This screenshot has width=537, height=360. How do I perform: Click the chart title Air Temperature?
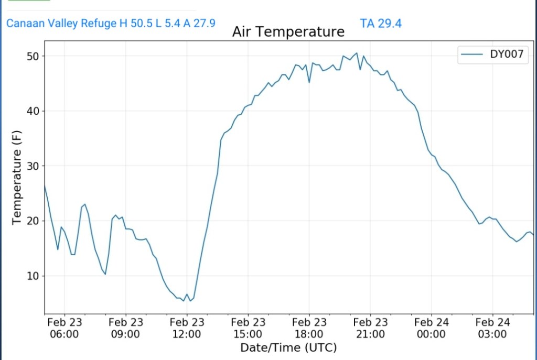288,32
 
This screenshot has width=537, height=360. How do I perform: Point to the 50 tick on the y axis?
34,56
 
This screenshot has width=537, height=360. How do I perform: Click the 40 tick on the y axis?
34,111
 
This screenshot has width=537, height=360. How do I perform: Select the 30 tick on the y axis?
34,166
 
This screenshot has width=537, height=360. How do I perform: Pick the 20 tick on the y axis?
34,221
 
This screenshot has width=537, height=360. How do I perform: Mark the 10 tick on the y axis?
34,276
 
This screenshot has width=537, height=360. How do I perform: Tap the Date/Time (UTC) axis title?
288,347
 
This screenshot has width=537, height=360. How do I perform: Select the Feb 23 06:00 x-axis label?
65,328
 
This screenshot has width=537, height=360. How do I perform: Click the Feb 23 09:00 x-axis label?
126,328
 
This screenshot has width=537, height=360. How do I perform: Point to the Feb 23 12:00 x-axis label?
187,328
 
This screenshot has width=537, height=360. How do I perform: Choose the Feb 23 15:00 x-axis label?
248,328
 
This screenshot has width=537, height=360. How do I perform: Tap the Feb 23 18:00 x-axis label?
309,328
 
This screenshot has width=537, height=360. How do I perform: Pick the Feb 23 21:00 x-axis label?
370,328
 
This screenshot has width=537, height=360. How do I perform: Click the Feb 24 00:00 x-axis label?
431,328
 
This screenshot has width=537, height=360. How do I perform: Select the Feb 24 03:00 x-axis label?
492,328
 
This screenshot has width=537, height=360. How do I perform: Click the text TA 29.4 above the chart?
381,23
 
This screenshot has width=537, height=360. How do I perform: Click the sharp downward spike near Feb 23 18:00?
309,82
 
